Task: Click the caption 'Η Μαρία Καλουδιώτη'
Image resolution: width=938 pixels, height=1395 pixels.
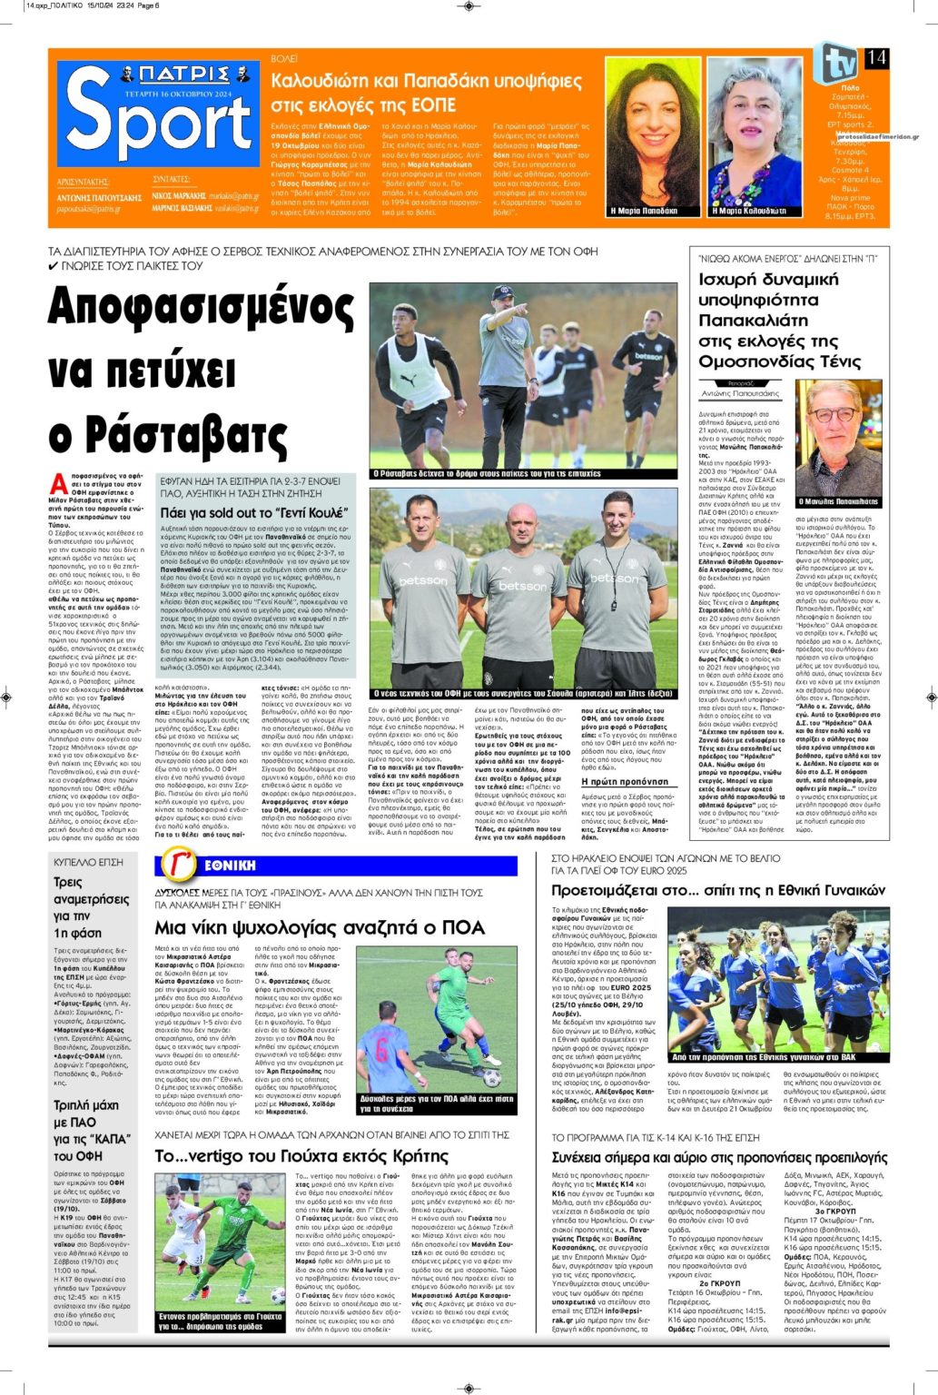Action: point(748,211)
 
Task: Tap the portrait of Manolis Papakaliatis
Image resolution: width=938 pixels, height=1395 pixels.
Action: point(838,436)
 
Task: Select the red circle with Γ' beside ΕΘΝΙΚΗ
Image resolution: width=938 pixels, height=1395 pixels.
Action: point(178,866)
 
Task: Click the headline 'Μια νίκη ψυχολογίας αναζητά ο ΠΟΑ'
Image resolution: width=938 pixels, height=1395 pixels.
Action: point(320,927)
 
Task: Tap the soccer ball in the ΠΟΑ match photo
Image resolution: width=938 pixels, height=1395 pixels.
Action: point(491,1078)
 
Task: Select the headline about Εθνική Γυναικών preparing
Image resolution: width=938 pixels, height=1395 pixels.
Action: point(717,890)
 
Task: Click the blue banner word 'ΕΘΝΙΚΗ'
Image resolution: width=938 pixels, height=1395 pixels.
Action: point(230,866)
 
